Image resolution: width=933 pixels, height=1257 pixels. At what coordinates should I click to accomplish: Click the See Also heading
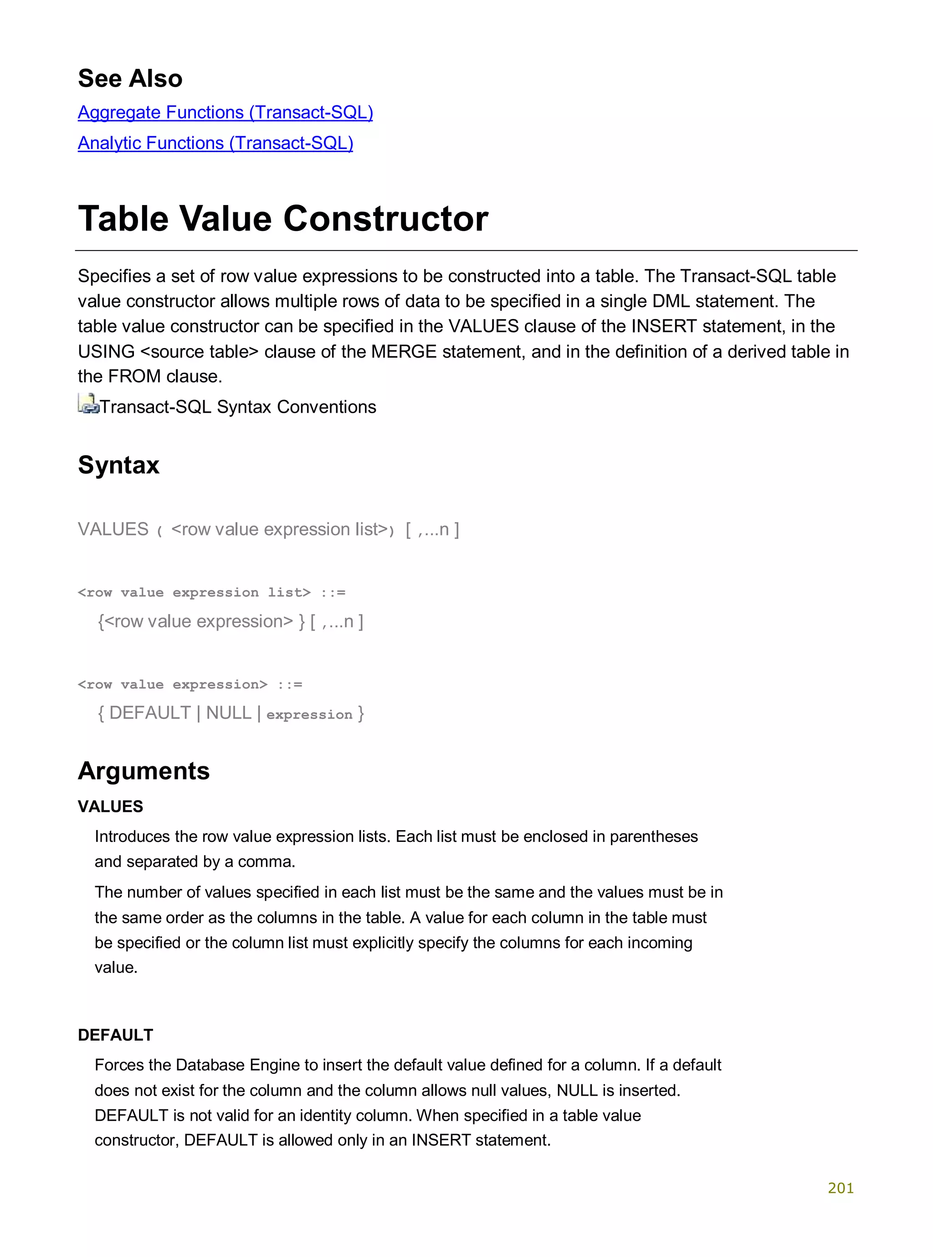tap(130, 78)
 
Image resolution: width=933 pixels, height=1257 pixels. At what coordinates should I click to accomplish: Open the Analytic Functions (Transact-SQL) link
tap(215, 143)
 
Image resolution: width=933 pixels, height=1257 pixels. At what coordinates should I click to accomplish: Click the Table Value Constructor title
tap(283, 219)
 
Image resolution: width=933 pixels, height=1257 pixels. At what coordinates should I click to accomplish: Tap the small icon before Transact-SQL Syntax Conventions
tap(87, 404)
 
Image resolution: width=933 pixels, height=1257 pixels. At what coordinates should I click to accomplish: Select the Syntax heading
tap(118, 465)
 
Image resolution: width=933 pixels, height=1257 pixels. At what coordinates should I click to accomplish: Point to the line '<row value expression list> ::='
tap(211, 592)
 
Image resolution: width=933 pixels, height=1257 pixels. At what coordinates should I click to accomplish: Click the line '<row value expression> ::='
tap(190, 684)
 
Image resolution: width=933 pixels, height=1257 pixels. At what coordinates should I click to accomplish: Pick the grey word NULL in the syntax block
tap(228, 713)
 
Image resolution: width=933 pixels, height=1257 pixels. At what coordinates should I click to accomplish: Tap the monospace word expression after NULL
tap(309, 715)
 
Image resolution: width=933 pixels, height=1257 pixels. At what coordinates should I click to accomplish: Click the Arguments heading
tap(144, 771)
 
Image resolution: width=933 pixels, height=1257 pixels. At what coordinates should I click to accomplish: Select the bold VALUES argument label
tap(110, 806)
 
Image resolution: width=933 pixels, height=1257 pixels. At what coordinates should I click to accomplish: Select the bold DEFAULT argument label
tap(115, 1035)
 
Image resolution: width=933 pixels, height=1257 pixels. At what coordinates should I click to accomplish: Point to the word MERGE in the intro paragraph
tap(403, 351)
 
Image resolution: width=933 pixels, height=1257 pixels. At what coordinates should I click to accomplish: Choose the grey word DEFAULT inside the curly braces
tap(150, 713)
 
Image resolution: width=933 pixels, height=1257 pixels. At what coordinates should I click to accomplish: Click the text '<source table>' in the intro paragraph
tap(199, 351)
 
